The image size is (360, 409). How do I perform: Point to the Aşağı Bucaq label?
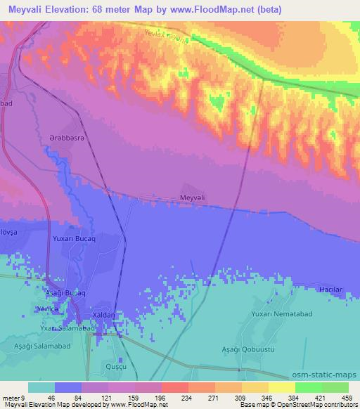[x=65, y=292]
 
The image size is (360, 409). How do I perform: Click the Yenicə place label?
[x=47, y=309]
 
